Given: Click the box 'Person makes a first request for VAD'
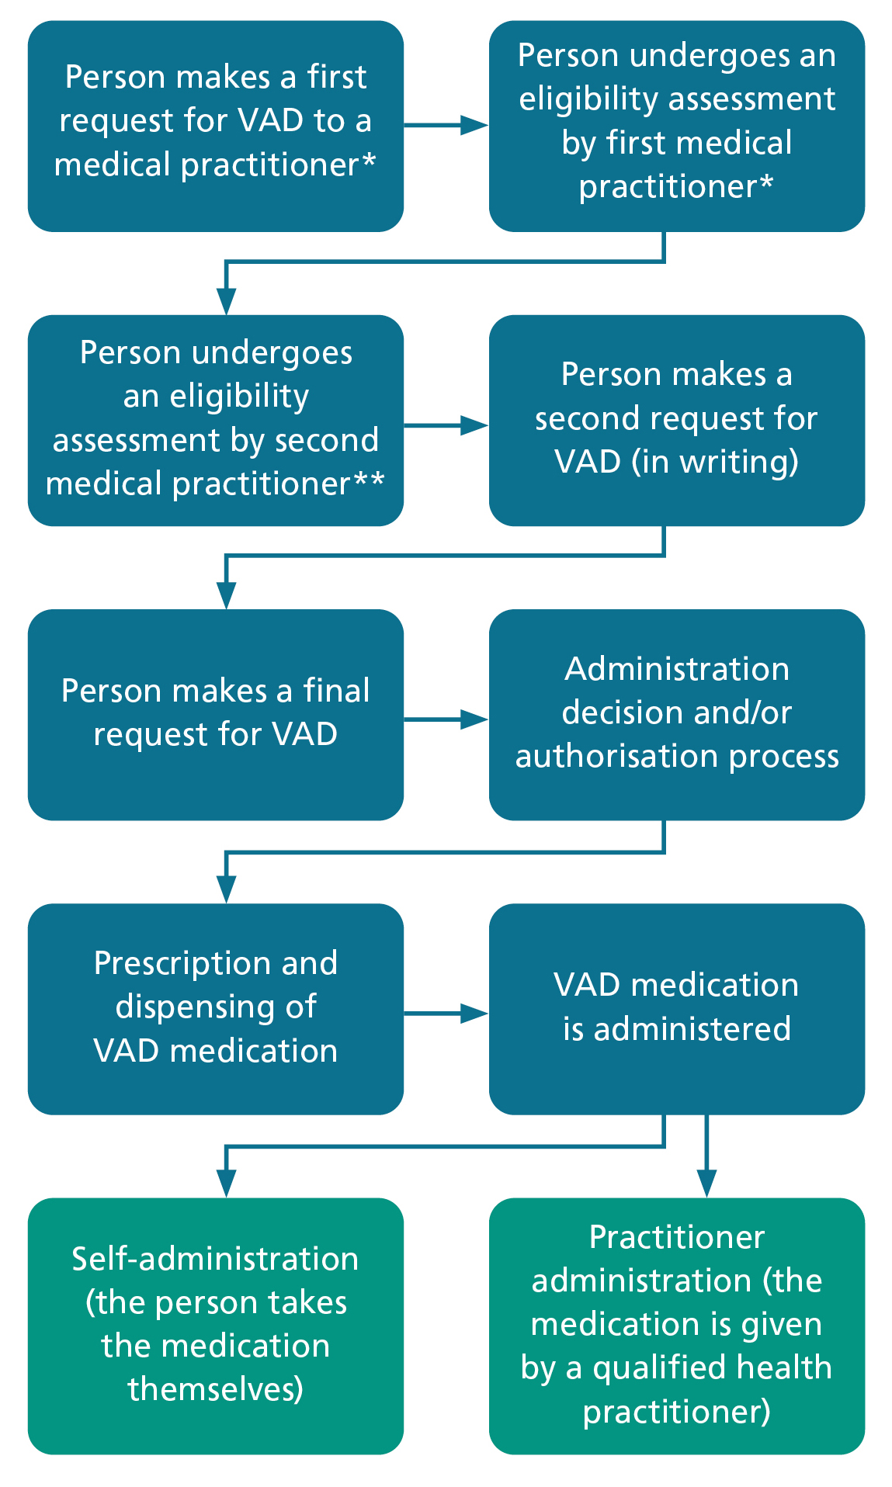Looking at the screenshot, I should click(215, 126).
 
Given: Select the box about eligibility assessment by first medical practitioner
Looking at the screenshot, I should click(676, 126).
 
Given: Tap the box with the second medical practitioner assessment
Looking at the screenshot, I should click(215, 420).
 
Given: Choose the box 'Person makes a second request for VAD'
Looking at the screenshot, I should click(676, 420).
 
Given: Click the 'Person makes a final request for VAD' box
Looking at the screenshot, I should click(215, 714).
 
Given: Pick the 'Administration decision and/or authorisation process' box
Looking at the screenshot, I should click(676, 714).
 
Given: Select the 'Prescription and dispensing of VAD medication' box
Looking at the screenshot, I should click(215, 1008).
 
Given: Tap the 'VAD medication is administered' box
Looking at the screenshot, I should click(676, 1008).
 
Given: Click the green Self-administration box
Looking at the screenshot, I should click(215, 1325).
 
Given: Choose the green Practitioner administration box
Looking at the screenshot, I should click(676, 1325).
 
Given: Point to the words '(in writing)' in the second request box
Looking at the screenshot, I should click(715, 462).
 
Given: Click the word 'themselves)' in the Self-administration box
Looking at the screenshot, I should click(215, 1389).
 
